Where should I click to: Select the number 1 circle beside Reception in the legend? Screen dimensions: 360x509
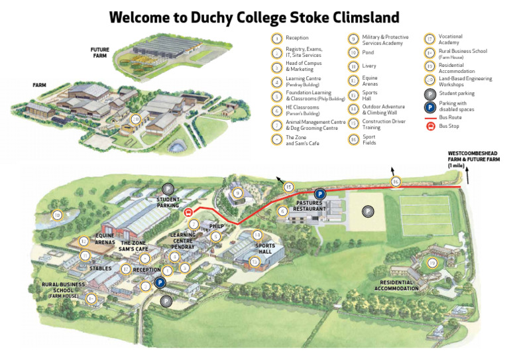[276, 38]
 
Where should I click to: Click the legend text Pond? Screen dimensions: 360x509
[368, 52]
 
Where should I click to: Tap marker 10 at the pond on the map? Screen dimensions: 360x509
[57, 215]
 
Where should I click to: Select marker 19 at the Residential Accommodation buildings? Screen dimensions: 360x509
[432, 263]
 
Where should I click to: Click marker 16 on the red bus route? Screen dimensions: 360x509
[396, 181]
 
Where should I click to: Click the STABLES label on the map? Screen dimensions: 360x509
[99, 269]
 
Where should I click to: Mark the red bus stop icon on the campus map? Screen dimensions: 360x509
[189, 213]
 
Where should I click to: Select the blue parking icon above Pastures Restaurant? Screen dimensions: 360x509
[319, 194]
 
